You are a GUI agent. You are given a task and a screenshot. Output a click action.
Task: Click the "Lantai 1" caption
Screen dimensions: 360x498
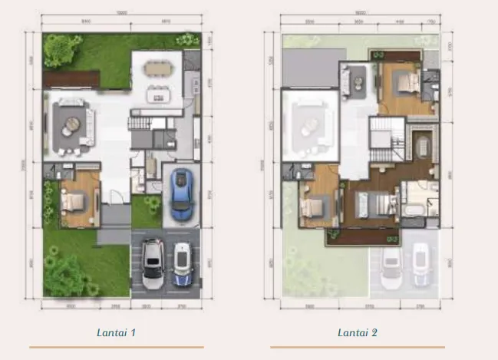117,332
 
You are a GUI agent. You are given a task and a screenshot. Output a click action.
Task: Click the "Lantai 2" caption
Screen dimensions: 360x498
357,332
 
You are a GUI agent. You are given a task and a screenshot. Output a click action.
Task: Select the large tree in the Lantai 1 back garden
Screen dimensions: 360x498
58,50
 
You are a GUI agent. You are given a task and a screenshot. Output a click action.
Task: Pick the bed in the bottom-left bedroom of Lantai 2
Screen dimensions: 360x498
314,208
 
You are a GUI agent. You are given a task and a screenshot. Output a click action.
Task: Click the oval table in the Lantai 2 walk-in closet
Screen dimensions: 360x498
421,143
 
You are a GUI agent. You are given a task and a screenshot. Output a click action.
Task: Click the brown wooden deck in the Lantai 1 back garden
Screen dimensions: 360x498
71,78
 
